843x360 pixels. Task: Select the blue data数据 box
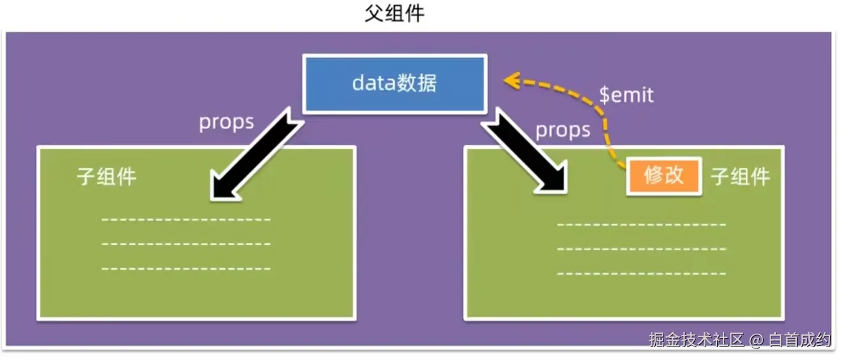click(x=394, y=84)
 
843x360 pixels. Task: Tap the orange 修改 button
click(x=664, y=176)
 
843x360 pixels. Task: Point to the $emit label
click(x=626, y=95)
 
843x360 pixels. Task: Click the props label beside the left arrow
click(x=226, y=121)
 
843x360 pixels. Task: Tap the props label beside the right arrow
click(x=562, y=130)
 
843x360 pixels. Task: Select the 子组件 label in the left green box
click(x=107, y=176)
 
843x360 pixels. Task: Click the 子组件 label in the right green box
click(x=740, y=176)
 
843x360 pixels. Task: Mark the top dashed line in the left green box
click(x=186, y=220)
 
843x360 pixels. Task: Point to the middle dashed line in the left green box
click(x=186, y=244)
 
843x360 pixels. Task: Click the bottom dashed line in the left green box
click(x=186, y=269)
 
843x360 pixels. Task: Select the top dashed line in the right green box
click(x=642, y=224)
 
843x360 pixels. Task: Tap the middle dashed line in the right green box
click(x=642, y=249)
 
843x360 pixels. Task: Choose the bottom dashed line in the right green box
click(x=642, y=274)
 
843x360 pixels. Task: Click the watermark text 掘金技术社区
click(x=697, y=340)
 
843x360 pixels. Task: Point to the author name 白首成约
click(x=800, y=340)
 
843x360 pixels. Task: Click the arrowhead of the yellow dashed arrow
click(x=509, y=81)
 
